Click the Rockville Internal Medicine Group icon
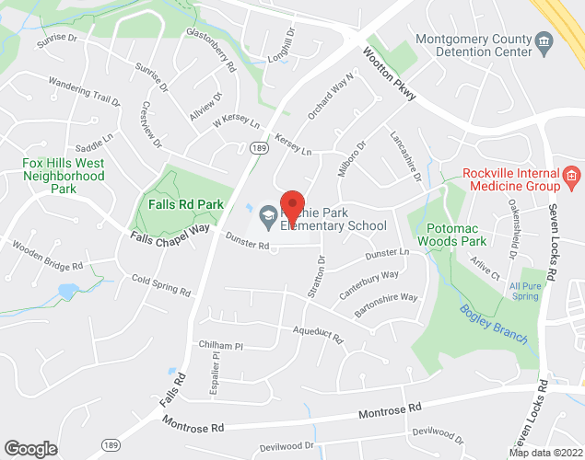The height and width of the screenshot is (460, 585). point(571,175)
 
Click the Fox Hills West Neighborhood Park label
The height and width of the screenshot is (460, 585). point(63,175)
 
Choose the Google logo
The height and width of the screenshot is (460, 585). point(30,449)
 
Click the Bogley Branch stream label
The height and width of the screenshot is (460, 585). point(495,324)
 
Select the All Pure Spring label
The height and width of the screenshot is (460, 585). point(524,292)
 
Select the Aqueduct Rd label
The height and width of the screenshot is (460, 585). point(317,333)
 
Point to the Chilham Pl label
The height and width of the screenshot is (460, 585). point(219,346)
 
